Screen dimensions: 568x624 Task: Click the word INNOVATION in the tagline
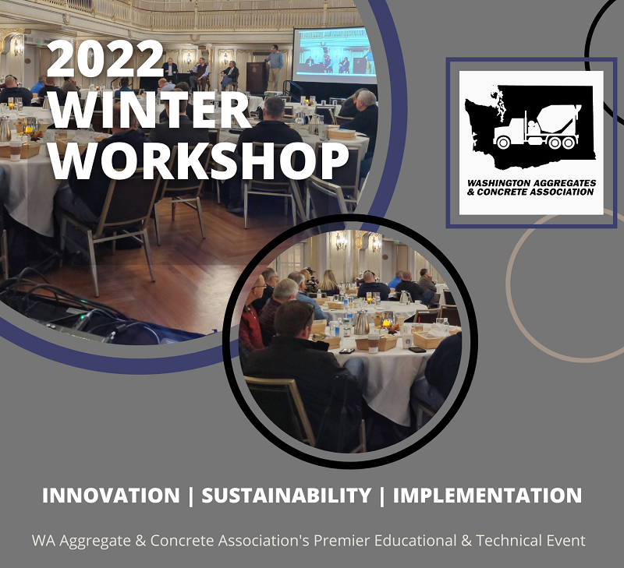click(110, 496)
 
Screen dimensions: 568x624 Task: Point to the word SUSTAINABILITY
click(286, 496)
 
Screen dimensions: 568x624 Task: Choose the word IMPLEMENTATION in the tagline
click(487, 496)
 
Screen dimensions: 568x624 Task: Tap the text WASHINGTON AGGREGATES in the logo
click(530, 182)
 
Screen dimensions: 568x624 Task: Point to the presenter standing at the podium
click(275, 66)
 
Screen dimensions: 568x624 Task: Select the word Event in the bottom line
click(565, 540)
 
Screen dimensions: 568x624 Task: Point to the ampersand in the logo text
click(470, 192)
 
